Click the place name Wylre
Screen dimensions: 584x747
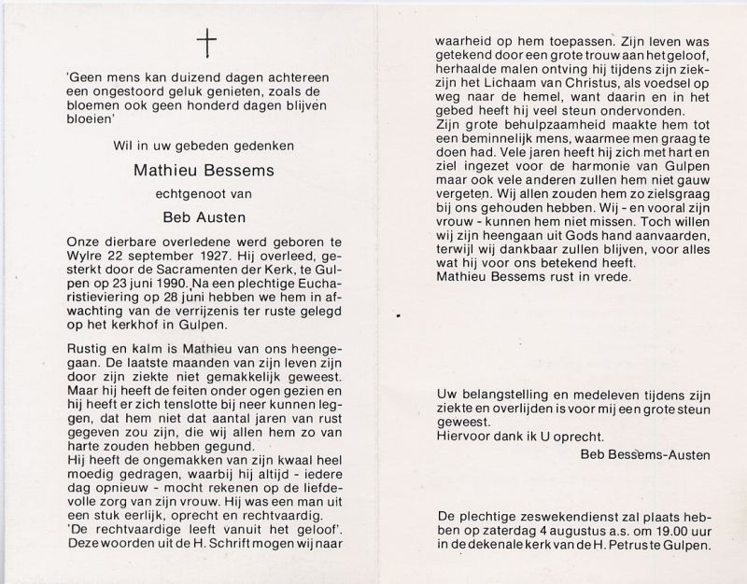[x=85, y=252]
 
